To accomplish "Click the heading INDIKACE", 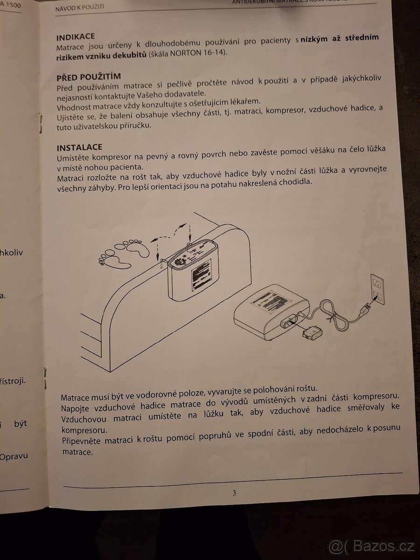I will (x=76, y=37).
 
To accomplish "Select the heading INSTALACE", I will (x=79, y=147).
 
